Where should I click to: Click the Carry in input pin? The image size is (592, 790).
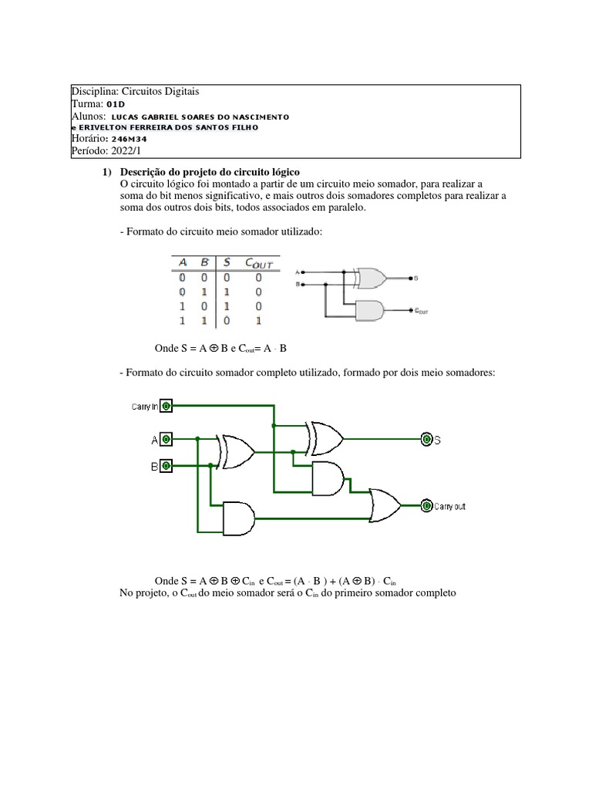point(166,406)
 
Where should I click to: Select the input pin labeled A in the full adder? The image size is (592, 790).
point(166,440)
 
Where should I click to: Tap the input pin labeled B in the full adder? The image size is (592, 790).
point(166,465)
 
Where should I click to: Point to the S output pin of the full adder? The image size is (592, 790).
point(426,440)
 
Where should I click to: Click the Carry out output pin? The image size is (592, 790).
point(425,506)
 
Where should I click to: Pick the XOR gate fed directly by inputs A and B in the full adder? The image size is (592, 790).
point(237,452)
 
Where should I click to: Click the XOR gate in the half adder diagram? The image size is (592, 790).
point(369,277)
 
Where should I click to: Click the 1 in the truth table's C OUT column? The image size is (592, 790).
point(258,319)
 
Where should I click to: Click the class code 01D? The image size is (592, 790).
point(116,103)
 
